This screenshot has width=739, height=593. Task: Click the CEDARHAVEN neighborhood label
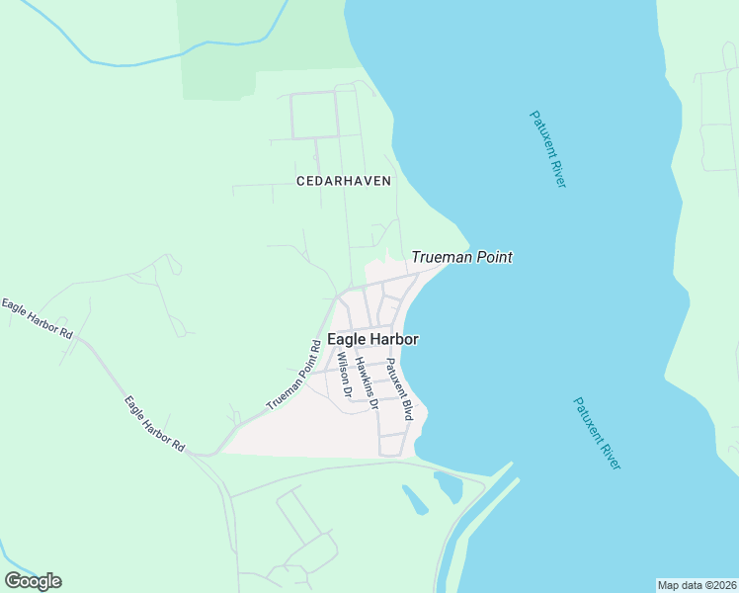point(344,181)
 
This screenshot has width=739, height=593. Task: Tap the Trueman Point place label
point(461,258)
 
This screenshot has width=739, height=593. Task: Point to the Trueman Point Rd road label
point(293,377)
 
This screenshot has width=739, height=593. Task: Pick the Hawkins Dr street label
point(367,383)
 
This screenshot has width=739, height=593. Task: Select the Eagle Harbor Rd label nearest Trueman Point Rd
point(154,424)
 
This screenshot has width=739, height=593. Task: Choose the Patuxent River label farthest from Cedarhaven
point(597,433)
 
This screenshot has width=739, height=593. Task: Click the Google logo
point(33,581)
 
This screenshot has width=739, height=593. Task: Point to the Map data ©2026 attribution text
point(697,585)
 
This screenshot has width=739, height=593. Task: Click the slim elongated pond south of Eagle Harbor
point(415,500)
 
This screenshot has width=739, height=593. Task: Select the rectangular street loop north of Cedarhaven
point(314,116)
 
